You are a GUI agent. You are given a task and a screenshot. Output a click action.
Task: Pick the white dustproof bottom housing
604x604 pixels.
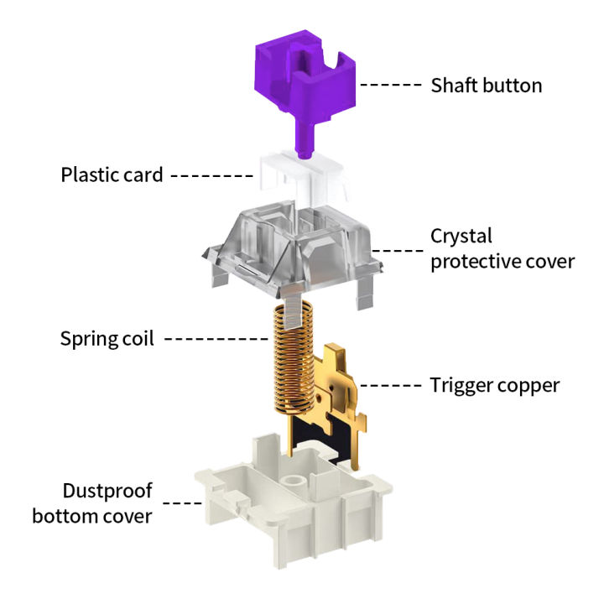(x=294, y=501)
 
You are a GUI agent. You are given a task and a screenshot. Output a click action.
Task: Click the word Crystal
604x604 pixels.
(x=461, y=236)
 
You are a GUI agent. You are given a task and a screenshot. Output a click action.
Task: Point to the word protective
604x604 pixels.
(x=476, y=262)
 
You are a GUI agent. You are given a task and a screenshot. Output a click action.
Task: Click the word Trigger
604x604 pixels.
(x=456, y=385)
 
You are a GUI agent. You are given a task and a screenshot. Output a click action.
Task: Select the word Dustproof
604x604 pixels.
(x=107, y=492)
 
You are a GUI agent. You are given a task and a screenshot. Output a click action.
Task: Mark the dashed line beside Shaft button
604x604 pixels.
(x=392, y=85)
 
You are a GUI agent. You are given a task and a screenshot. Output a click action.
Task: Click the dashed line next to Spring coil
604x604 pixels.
(x=216, y=339)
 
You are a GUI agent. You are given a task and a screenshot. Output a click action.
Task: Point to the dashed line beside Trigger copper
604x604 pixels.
(x=391, y=385)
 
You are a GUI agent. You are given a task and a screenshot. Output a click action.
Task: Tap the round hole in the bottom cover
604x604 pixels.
(x=294, y=481)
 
